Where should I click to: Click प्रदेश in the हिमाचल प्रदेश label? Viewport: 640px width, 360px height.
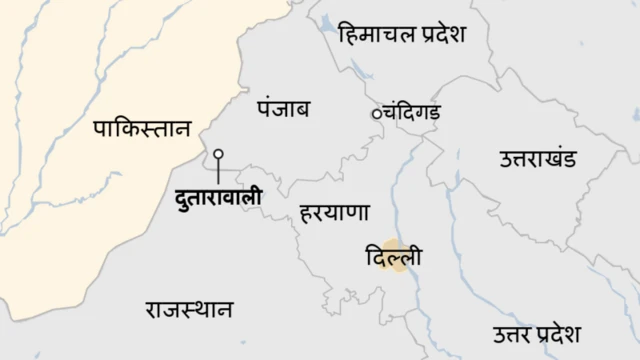(437, 35)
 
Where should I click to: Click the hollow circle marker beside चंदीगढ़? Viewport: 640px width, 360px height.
(377, 113)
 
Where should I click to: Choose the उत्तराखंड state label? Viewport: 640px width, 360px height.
(543, 158)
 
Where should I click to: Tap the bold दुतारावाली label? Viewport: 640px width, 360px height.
(217, 197)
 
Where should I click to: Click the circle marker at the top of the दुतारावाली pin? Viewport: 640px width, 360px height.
(218, 155)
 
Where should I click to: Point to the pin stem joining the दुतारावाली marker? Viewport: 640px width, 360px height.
(218, 172)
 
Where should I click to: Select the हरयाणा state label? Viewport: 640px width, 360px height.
(335, 213)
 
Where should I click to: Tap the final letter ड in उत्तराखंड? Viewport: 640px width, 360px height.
(580, 158)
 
